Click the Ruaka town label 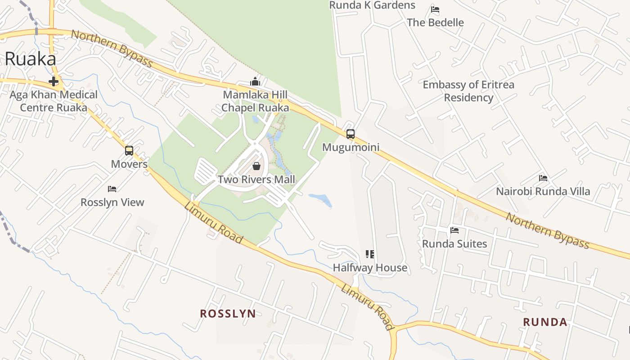[x=31, y=59]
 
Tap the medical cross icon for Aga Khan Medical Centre [x=54, y=81]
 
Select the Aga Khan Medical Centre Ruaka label [x=54, y=101]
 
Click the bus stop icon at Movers [x=129, y=150]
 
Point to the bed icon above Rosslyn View [x=112, y=189]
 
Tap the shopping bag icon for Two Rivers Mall [x=256, y=166]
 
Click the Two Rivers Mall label [x=256, y=180]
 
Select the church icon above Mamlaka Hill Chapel [x=255, y=81]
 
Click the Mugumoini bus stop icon [x=351, y=134]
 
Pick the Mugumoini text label [x=351, y=147]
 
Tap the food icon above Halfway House [x=370, y=254]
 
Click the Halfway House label [x=370, y=268]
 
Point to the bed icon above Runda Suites [x=454, y=230]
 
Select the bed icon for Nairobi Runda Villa [x=543, y=178]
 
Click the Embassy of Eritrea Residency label [x=468, y=91]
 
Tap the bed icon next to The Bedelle [x=435, y=9]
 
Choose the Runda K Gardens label [x=372, y=5]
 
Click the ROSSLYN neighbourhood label [x=228, y=314]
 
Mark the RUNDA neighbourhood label [x=545, y=322]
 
